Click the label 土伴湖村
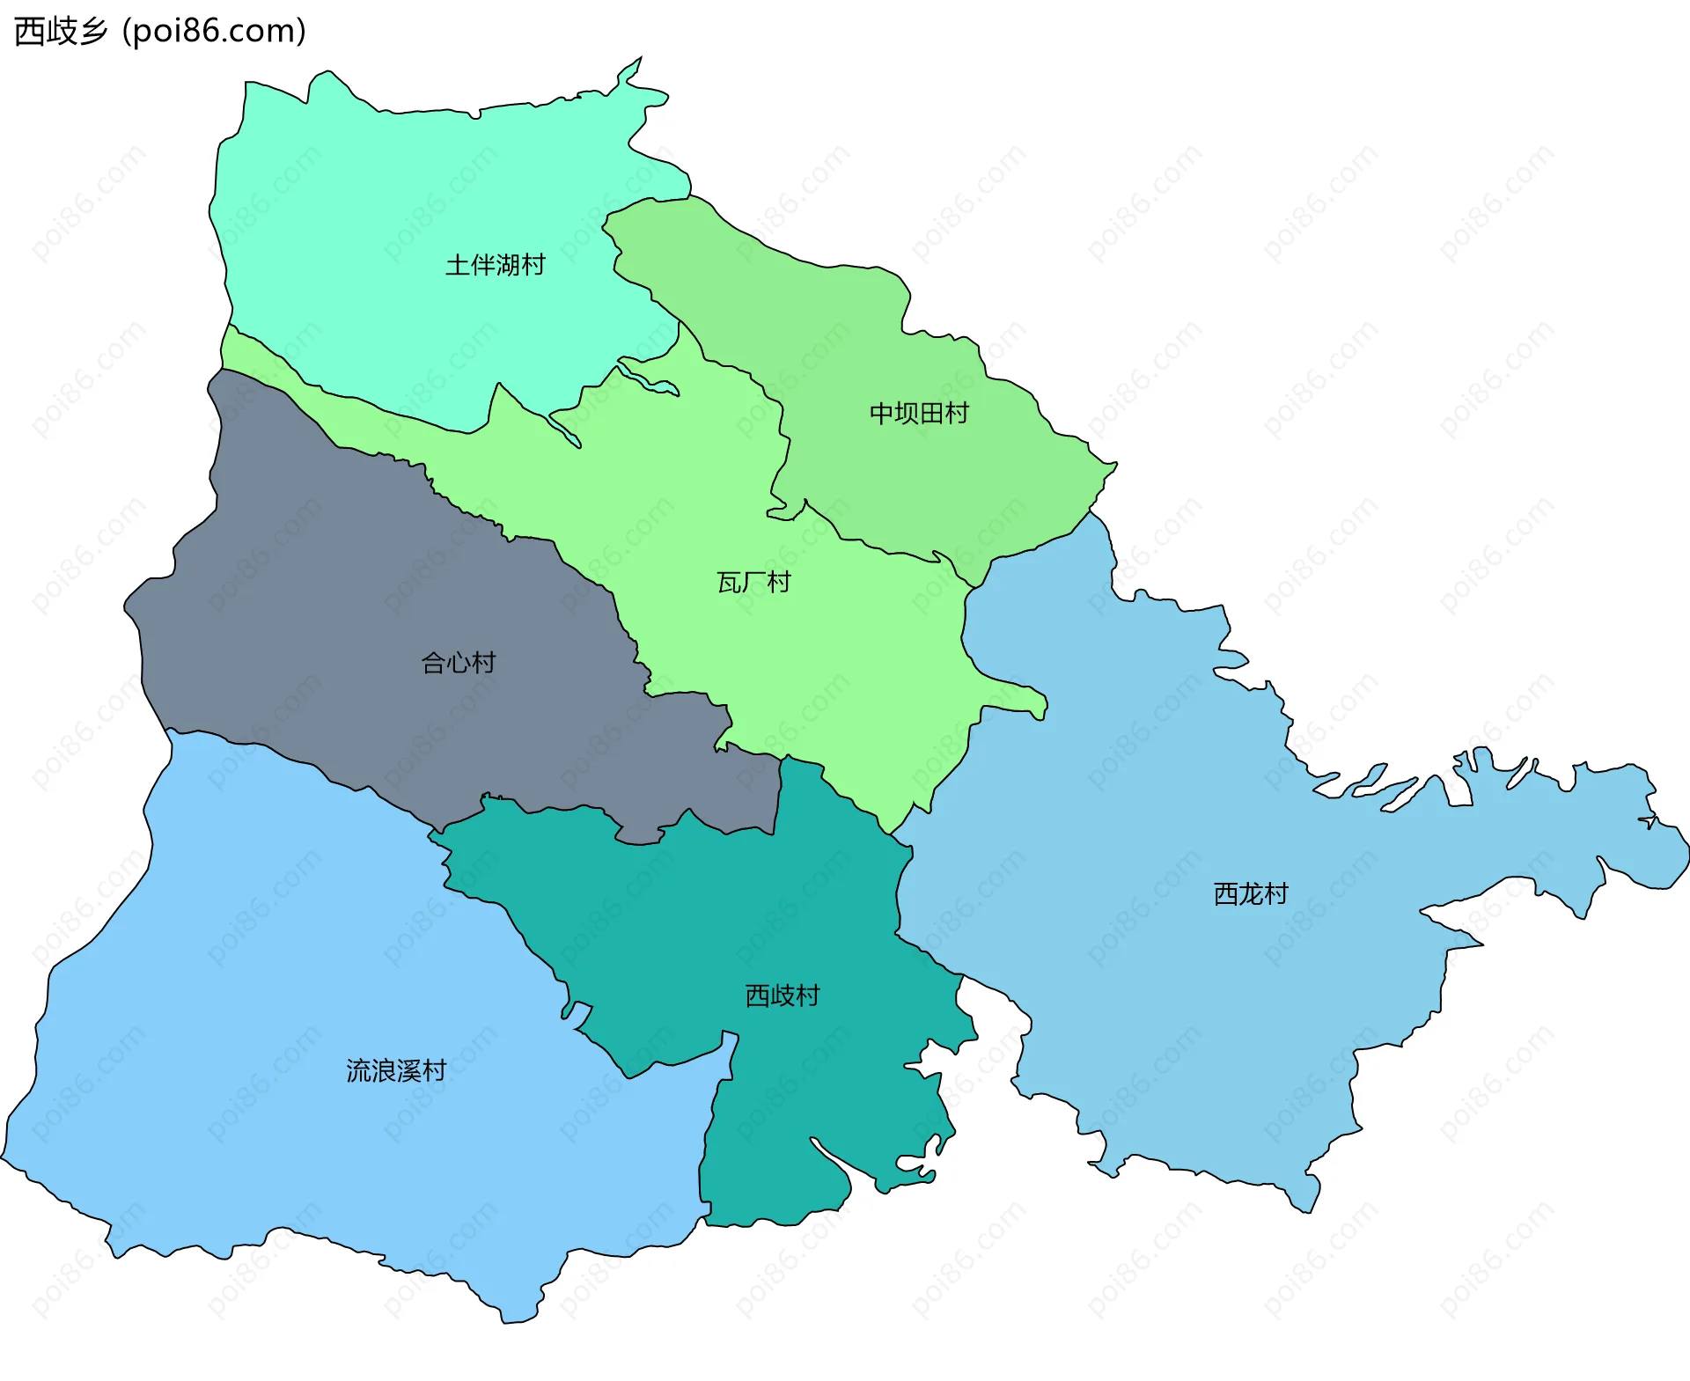pos(495,265)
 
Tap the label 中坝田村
pos(919,413)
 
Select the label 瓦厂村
pos(753,583)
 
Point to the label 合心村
pos(459,663)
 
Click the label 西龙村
pos(1251,894)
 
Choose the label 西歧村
pos(783,995)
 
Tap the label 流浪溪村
pos(396,1071)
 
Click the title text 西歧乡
pos(61,32)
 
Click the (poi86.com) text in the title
pos(214,32)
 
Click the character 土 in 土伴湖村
pos(458,265)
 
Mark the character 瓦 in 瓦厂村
pos(729,583)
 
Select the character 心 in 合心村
pos(459,663)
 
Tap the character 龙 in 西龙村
pos(1251,894)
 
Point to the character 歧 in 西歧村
pos(783,995)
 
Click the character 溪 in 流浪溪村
pos(409,1071)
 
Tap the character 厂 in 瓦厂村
pos(753,583)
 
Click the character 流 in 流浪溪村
pos(358,1071)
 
